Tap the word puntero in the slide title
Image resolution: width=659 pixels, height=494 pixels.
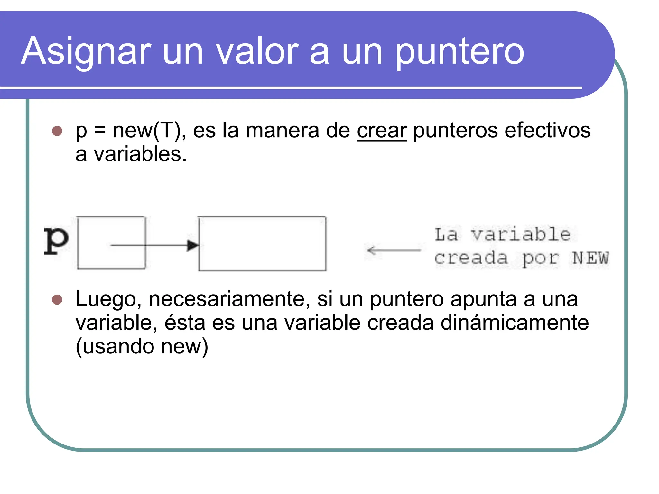tap(459, 51)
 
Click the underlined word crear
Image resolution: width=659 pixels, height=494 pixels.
tap(382, 131)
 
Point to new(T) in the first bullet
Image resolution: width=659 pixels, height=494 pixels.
tap(147, 131)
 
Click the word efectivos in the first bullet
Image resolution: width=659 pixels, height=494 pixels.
tap(548, 131)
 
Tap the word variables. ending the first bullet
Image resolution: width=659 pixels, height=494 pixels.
tap(140, 154)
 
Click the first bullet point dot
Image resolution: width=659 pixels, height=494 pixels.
tap(57, 131)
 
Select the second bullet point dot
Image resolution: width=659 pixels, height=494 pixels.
tap(57, 299)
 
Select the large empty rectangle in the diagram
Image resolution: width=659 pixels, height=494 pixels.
tap(262, 243)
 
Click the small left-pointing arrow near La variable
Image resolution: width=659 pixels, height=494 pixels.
tap(393, 250)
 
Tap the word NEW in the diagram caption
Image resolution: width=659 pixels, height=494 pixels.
tap(590, 258)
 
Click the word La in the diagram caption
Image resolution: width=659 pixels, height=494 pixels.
tap(446, 234)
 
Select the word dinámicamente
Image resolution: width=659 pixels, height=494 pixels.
tap(514, 323)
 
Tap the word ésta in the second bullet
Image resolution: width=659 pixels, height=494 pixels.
tap(185, 323)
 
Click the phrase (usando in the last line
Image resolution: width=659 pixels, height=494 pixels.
tap(115, 347)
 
